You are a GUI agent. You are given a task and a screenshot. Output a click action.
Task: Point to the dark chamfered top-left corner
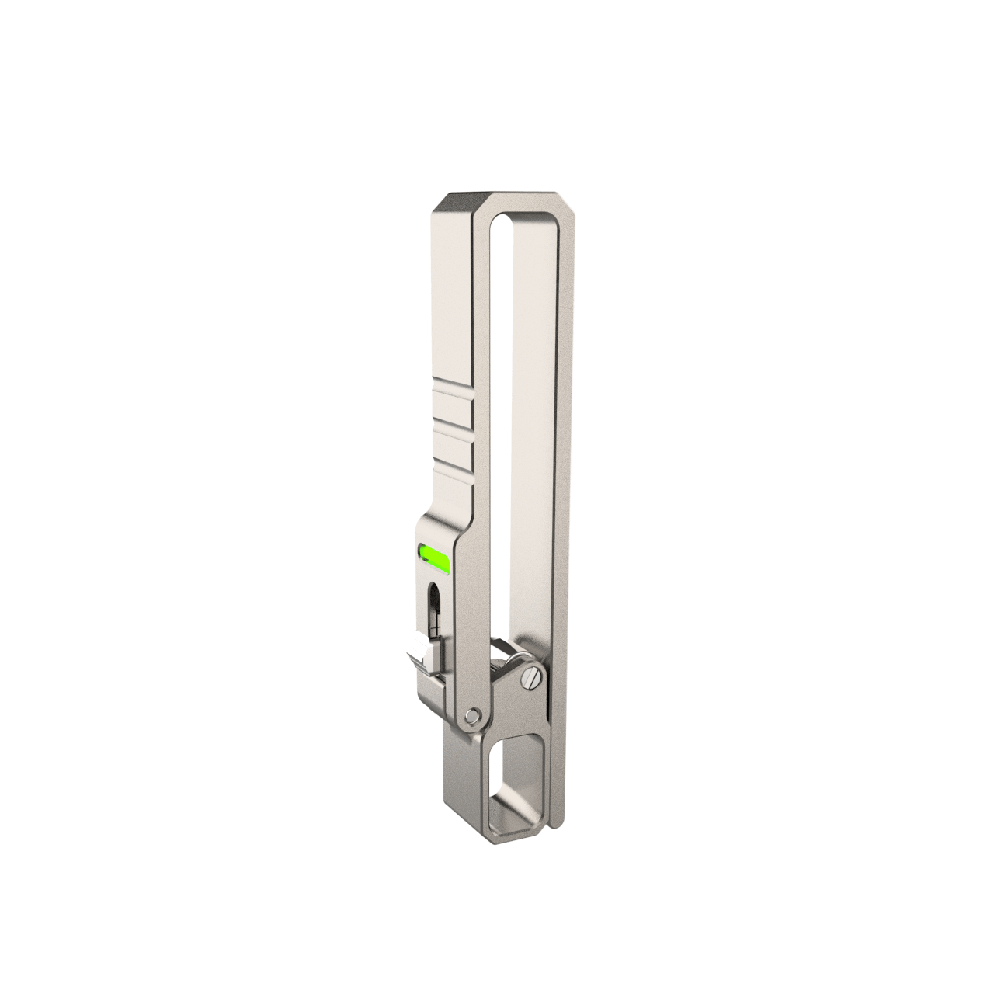(x=454, y=203)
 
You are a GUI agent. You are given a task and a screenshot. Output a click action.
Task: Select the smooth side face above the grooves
(x=450, y=295)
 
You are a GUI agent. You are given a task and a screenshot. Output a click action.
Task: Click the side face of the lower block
(x=461, y=777)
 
